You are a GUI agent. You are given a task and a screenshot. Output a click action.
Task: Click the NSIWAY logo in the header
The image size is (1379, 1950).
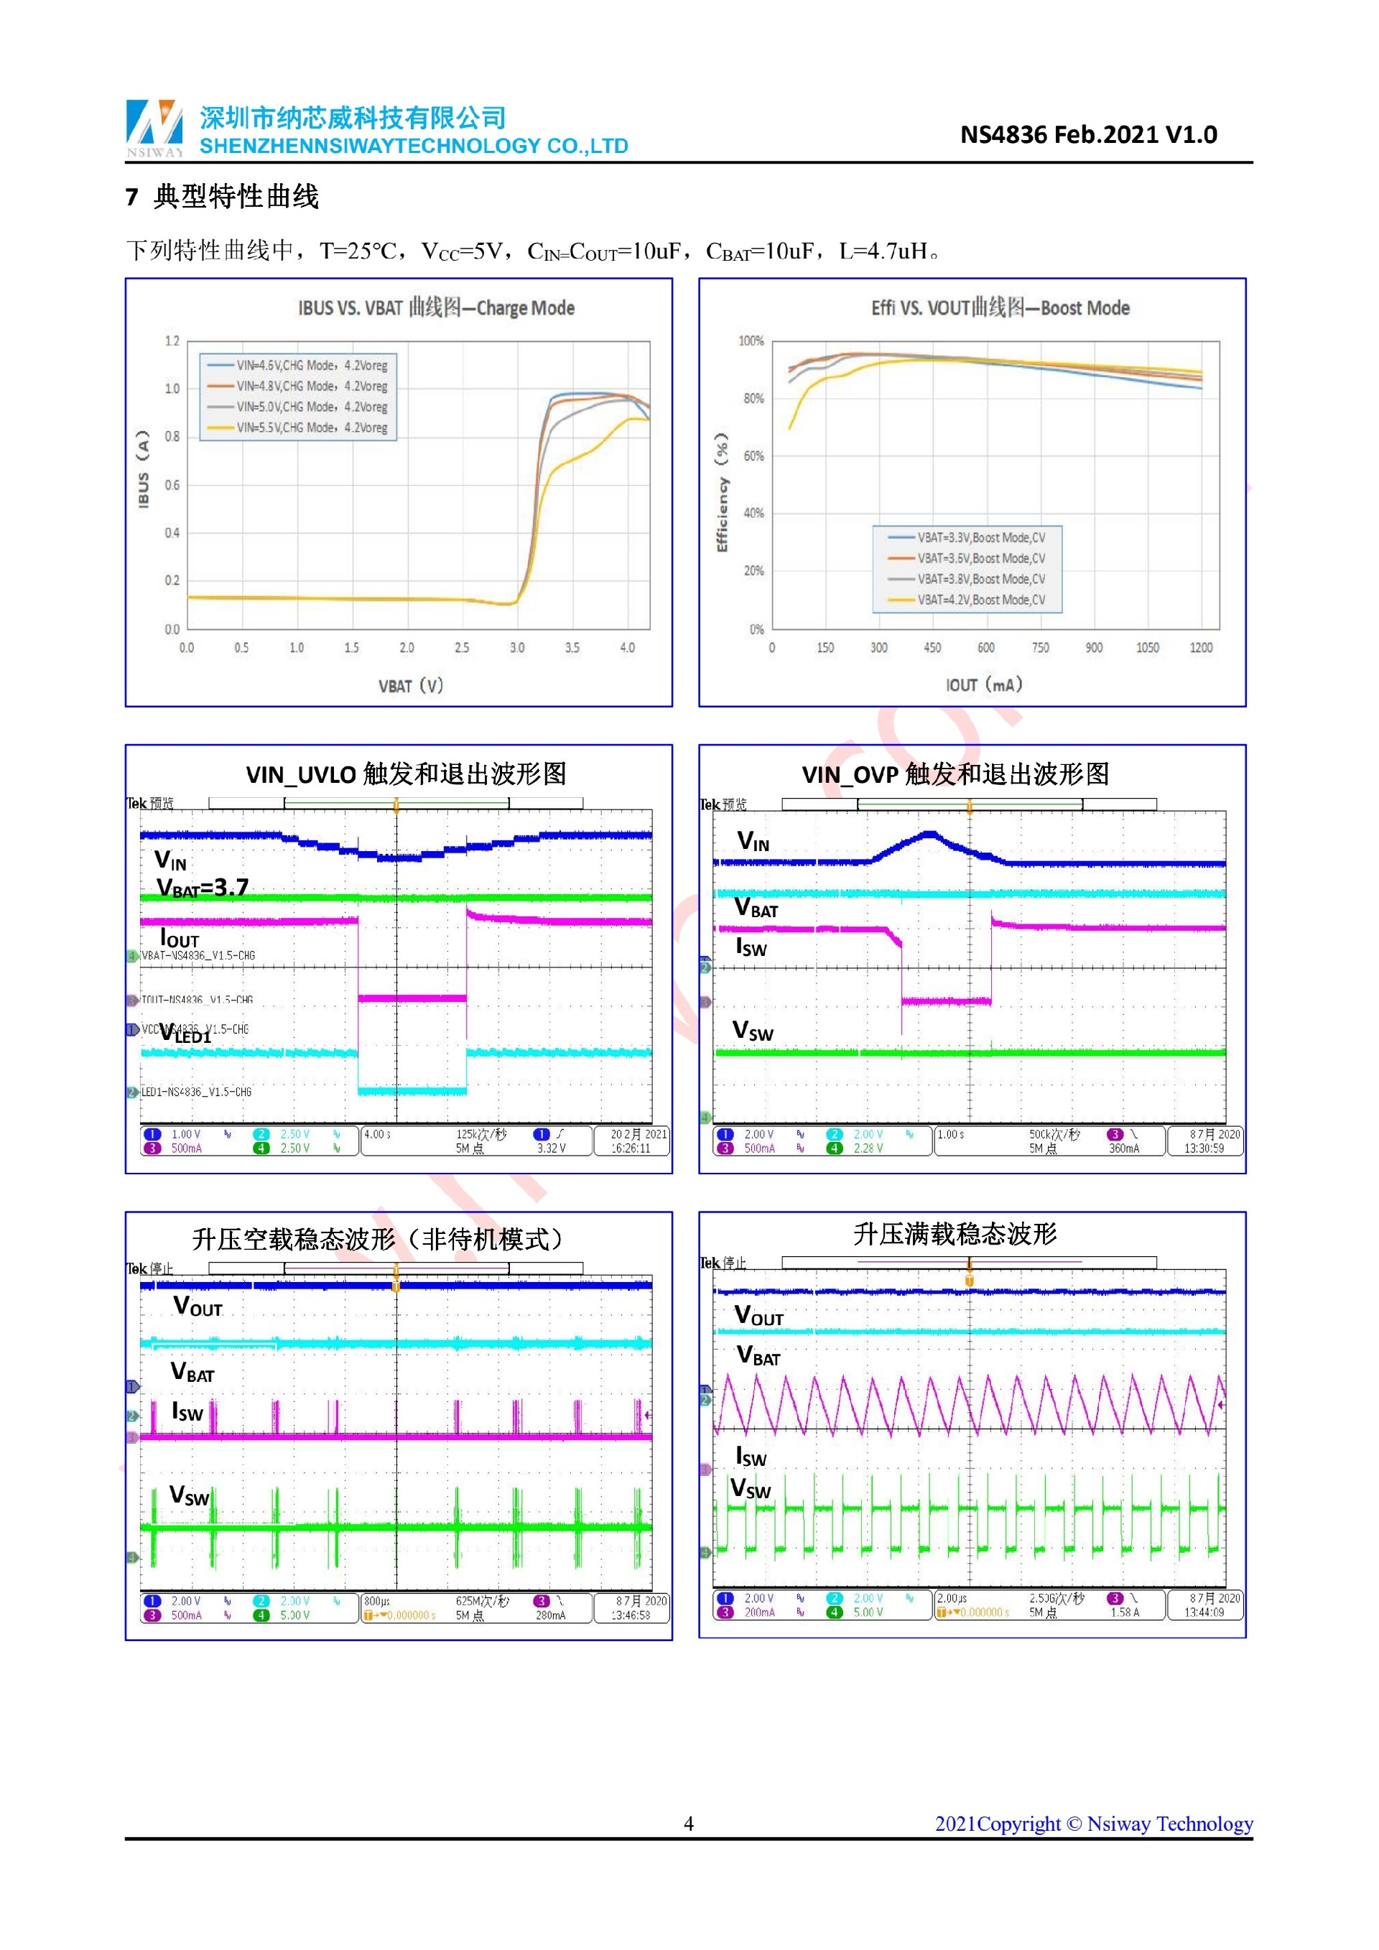point(154,127)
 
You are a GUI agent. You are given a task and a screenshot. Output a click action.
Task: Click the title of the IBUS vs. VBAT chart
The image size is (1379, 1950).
point(436,307)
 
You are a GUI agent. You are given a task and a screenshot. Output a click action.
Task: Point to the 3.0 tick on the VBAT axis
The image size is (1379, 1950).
point(517,648)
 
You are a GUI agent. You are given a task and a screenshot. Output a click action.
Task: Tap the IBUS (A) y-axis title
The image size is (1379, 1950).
point(144,469)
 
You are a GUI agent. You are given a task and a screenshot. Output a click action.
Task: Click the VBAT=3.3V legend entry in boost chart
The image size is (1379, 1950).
point(967,538)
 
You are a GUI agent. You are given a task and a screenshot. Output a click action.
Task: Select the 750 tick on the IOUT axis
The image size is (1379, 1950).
point(1040,648)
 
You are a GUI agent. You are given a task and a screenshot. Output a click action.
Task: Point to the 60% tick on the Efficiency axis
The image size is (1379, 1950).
point(753,456)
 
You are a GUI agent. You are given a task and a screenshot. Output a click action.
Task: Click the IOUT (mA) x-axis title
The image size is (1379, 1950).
point(984,685)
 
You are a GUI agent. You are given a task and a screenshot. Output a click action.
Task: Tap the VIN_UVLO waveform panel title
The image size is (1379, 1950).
point(406,774)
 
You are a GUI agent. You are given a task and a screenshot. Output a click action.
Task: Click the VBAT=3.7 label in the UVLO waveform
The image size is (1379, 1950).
point(203,888)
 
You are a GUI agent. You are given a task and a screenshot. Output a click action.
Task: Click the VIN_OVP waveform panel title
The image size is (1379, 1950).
point(955,774)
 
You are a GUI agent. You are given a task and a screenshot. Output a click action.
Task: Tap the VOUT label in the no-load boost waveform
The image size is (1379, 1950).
point(198,1307)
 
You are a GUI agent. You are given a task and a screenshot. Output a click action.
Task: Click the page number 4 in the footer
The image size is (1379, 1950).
point(689,1824)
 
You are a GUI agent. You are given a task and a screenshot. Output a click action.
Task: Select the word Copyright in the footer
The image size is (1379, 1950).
point(1019,1824)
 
